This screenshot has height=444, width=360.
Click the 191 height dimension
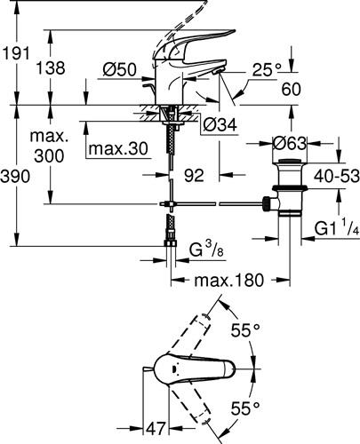click(16, 54)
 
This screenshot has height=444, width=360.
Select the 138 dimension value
click(51, 67)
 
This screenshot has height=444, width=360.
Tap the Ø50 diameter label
click(120, 70)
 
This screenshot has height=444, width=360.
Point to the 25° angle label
click(267, 70)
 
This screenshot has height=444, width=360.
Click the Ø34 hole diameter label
click(220, 124)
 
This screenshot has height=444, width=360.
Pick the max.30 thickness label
click(118, 148)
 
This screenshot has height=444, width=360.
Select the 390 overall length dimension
click(15, 177)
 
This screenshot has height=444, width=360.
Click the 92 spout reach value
click(194, 175)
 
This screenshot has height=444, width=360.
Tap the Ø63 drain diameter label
click(289, 144)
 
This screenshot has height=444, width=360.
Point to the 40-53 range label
click(337, 177)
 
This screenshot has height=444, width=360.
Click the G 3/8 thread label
click(206, 250)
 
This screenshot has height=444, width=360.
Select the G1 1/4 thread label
click(337, 228)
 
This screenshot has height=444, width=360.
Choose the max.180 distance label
click(228, 280)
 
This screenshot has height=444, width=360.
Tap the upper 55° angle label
click(245, 330)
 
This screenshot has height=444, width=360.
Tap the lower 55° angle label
click(245, 408)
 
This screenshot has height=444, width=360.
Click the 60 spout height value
click(292, 89)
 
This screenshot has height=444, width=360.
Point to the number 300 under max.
click(49, 155)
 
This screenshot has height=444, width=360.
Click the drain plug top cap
click(290, 161)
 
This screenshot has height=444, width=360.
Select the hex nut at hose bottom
click(171, 243)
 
